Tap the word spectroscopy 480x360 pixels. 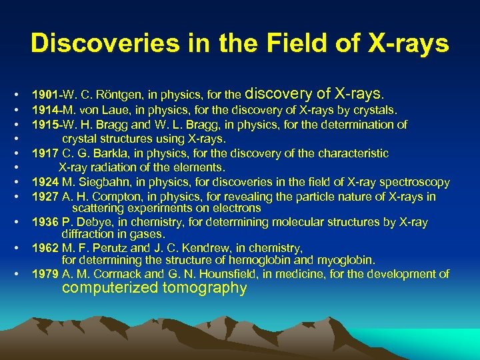coord(415,182)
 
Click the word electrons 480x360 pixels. coord(238,208)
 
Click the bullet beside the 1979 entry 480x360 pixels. coord(22,274)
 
